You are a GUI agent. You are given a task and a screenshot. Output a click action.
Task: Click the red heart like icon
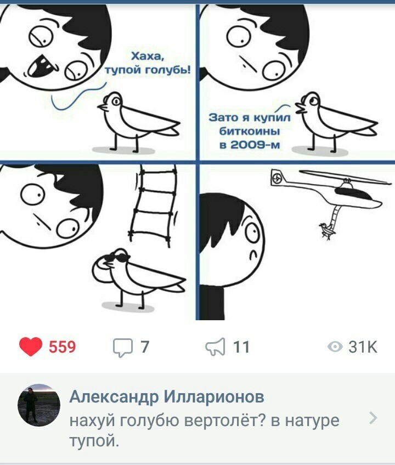pyautogui.click(x=31, y=347)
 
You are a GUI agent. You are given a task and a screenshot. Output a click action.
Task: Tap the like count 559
pyautogui.click(x=63, y=347)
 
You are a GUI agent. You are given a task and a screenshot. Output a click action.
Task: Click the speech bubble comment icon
pyautogui.click(x=122, y=348)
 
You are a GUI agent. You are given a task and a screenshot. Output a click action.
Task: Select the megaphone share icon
pyautogui.click(x=215, y=347)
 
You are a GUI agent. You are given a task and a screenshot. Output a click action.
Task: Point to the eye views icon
pyautogui.click(x=335, y=347)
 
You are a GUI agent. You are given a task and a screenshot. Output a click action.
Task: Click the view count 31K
pyautogui.click(x=363, y=347)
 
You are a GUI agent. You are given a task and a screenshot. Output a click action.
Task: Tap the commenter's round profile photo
pyautogui.click(x=39, y=405)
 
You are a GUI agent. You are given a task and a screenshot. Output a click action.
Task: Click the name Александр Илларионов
pyautogui.click(x=166, y=397)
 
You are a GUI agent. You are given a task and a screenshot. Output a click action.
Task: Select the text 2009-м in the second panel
pyautogui.click(x=250, y=145)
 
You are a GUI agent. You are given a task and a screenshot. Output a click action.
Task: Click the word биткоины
pyautogui.click(x=250, y=131)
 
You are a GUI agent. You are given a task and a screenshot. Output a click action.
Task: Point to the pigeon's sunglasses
pyautogui.click(x=117, y=258)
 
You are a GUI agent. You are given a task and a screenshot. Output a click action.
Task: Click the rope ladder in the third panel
pyautogui.click(x=154, y=206)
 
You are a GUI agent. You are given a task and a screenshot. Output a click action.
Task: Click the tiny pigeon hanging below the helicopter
pyautogui.click(x=326, y=230)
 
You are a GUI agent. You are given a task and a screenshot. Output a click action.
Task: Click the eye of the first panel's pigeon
pyautogui.click(x=116, y=102)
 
